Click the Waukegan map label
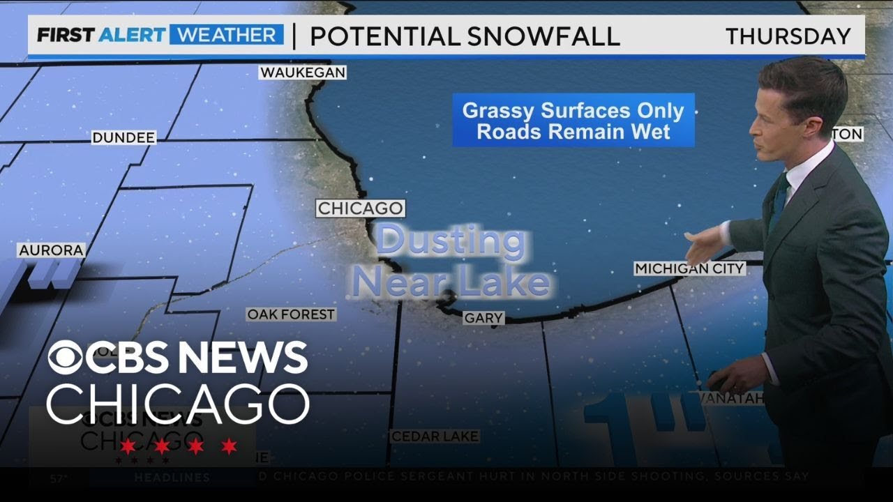(303, 73)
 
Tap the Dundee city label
(123, 138)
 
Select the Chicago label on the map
(360, 208)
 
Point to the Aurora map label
(52, 250)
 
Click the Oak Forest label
(291, 315)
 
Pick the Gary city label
(483, 318)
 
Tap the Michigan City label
(689, 268)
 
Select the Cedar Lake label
(435, 436)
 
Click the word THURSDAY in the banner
(788, 36)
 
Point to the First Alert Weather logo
(160, 36)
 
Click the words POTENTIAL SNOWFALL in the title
(465, 36)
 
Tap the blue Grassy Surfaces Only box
(573, 121)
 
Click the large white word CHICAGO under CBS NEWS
(178, 404)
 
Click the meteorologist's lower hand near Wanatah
(728, 379)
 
